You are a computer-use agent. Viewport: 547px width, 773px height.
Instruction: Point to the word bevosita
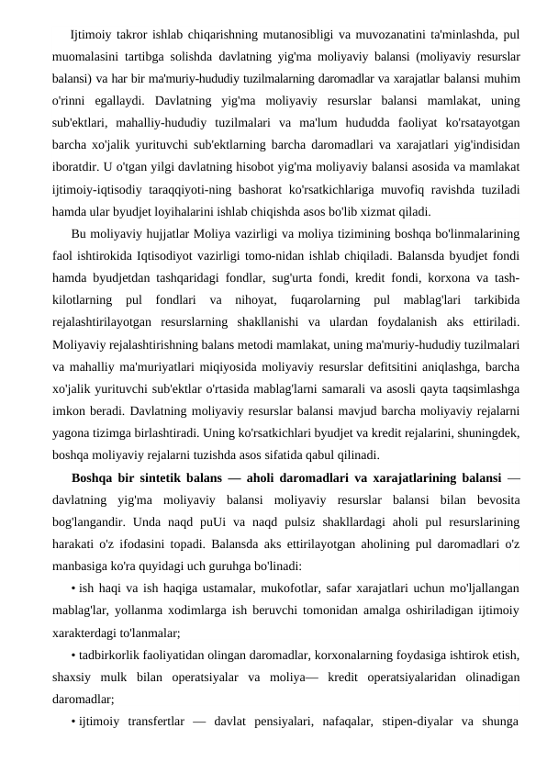pos(493,498)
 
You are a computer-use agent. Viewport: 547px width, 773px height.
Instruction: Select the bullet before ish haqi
pos(73,587)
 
